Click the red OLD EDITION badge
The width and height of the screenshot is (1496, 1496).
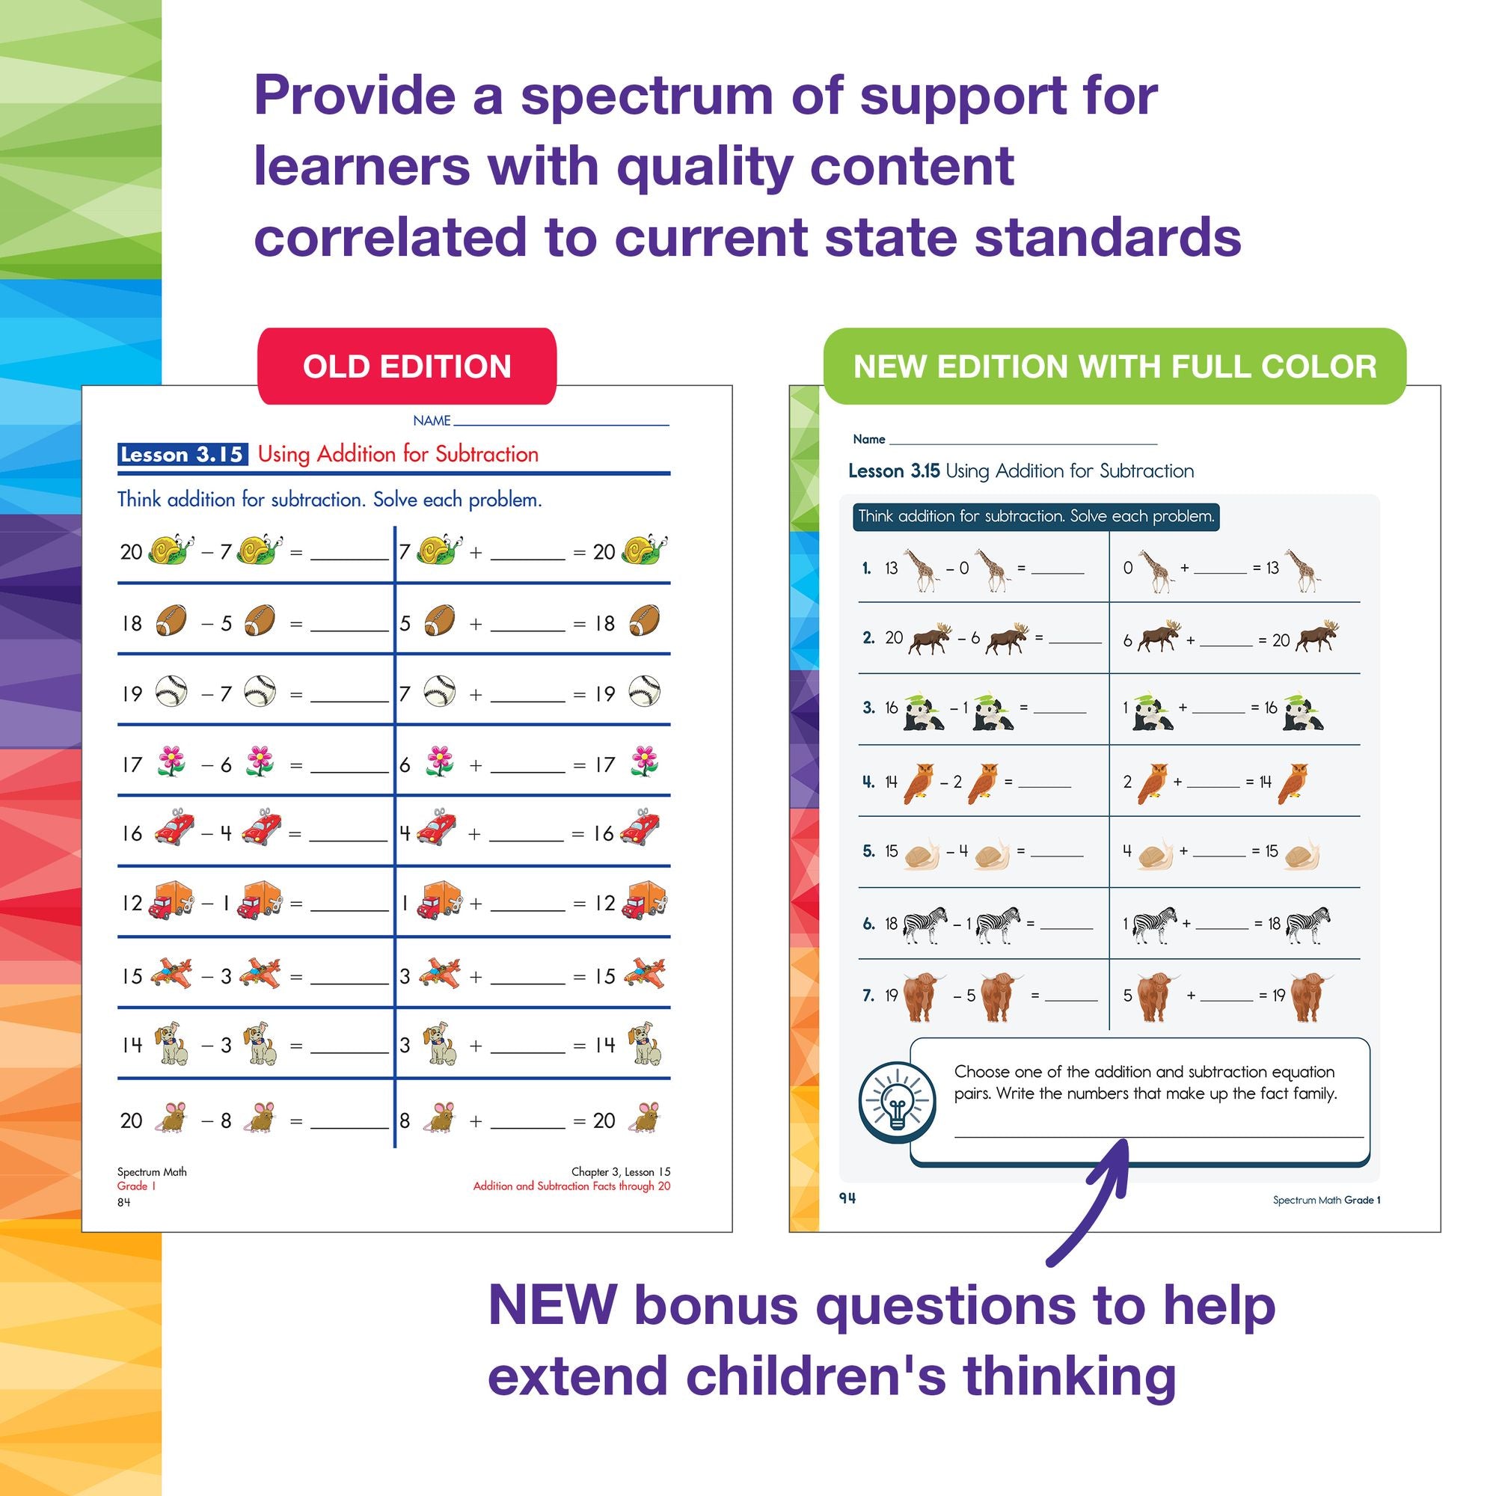click(406, 367)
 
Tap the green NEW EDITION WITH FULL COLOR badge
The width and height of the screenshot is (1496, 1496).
click(1115, 367)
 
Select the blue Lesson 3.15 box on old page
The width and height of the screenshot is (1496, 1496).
click(182, 455)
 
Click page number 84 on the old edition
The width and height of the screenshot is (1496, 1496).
click(124, 1202)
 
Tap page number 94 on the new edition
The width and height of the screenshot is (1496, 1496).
click(847, 1198)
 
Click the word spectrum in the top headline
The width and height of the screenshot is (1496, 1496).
click(646, 96)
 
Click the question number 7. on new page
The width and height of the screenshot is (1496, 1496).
click(868, 995)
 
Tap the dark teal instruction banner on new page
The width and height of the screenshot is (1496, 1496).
click(1036, 516)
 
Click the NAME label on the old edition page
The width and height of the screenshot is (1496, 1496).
click(432, 420)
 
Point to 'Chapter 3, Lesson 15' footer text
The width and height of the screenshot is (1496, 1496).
click(620, 1171)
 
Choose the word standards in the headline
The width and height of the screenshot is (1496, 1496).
click(1107, 238)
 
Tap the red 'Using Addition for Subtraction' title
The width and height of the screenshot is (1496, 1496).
click(398, 455)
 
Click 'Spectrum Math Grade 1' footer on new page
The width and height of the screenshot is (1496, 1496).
click(1326, 1201)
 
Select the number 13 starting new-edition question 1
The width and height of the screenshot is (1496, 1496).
click(892, 568)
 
